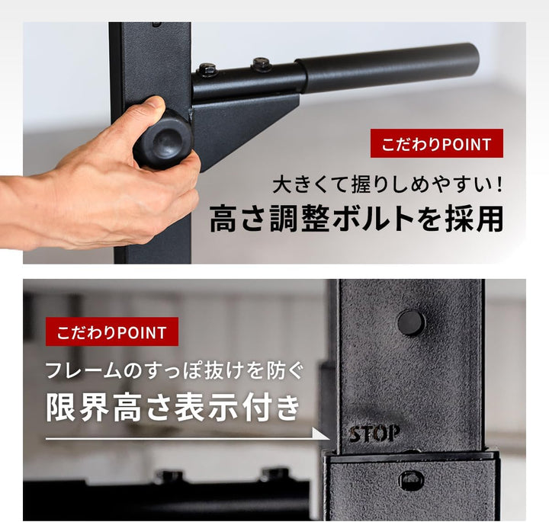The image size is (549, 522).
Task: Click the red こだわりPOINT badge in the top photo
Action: coord(436,144)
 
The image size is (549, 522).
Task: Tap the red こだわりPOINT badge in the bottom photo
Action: coord(111,332)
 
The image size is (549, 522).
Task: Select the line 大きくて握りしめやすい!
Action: coord(388,184)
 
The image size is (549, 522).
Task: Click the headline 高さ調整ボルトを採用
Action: coord(356,219)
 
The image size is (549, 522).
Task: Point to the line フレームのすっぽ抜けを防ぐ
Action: coord(175,371)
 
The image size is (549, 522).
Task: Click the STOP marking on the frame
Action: coord(374,434)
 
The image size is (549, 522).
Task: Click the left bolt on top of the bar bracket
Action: coord(207,70)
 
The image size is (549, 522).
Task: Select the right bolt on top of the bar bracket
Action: coord(262,63)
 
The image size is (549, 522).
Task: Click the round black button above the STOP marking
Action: coord(411,322)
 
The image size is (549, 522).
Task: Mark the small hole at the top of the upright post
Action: coord(156,24)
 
